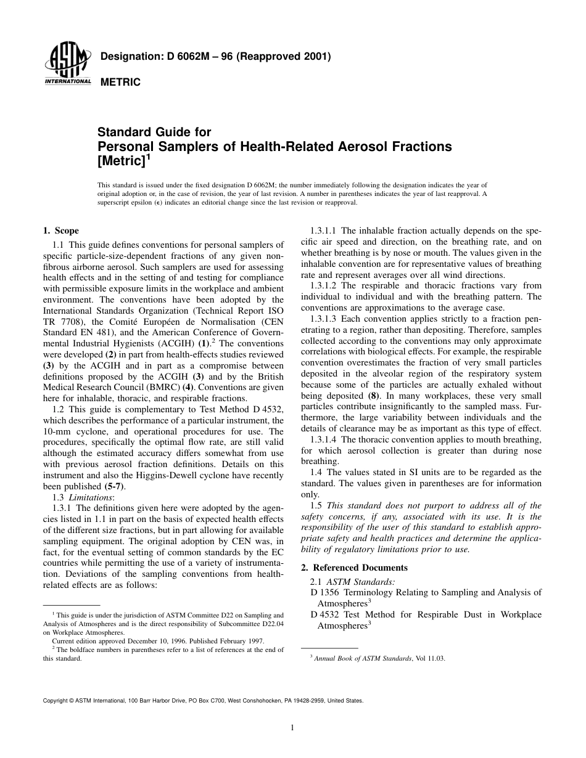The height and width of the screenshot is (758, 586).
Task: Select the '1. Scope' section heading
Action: click(60, 231)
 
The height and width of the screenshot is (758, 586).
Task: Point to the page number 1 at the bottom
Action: click(292, 728)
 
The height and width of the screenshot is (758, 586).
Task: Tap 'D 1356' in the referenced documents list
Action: click(324, 592)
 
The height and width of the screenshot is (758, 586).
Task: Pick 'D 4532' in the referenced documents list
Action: click(324, 614)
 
